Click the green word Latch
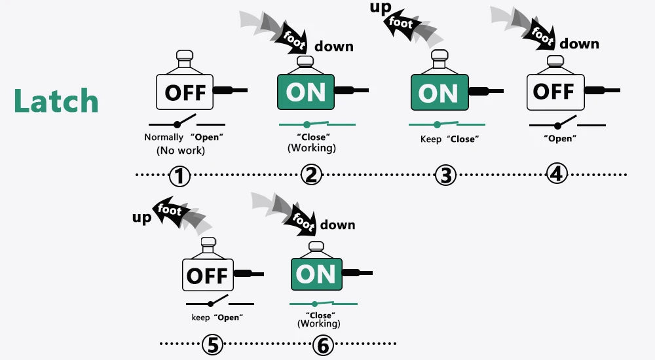(56, 101)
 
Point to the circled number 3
(445, 175)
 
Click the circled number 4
(557, 173)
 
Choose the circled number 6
(322, 344)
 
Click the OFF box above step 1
(185, 92)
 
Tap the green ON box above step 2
(306, 92)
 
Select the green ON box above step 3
(439, 92)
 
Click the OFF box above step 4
(555, 92)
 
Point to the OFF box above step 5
(207, 275)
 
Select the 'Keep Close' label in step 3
(449, 139)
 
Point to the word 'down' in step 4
(579, 44)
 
